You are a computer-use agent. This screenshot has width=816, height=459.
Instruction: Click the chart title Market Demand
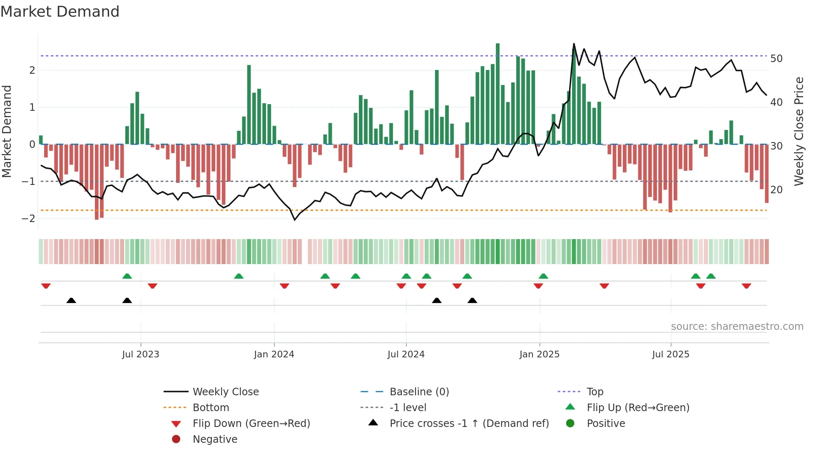tap(60, 12)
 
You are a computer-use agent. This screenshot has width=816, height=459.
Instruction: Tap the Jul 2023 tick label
tap(141, 354)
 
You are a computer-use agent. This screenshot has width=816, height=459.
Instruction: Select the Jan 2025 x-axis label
tap(540, 354)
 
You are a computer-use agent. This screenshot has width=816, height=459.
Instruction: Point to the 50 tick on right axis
tap(776, 59)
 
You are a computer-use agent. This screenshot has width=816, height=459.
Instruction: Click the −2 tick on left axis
tap(28, 219)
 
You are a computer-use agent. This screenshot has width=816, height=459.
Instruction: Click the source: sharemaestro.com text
tap(737, 327)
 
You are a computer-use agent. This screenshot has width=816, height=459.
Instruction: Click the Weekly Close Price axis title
tap(799, 131)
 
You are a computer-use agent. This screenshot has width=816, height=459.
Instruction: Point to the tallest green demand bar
tap(498, 94)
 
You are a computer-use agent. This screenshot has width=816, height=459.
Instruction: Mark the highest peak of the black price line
tap(574, 44)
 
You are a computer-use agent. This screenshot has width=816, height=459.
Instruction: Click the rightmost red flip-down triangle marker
tap(746, 286)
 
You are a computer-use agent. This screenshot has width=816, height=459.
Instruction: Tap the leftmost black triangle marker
tap(71, 300)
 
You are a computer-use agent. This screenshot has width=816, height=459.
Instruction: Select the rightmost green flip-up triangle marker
tap(711, 276)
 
